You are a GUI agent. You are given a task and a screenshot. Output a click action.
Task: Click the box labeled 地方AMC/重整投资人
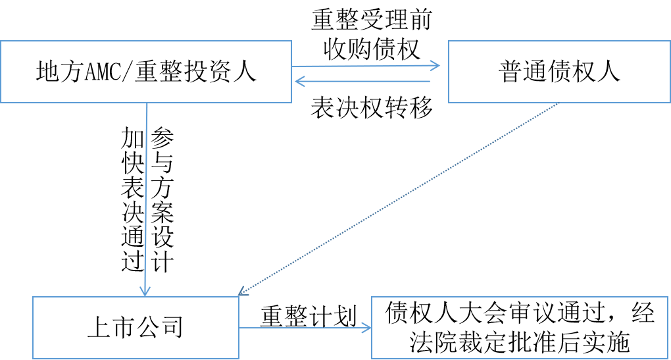[x=145, y=72]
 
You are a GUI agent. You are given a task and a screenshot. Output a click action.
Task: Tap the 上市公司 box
[x=135, y=327]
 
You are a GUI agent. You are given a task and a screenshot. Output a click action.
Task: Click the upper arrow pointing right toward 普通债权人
[x=366, y=65]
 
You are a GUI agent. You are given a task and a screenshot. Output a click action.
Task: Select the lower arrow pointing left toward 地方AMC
[x=362, y=82]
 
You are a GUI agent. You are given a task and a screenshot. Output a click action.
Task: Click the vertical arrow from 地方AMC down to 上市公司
[x=146, y=197]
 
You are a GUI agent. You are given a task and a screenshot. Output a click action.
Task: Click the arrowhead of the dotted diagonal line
[x=241, y=292]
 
